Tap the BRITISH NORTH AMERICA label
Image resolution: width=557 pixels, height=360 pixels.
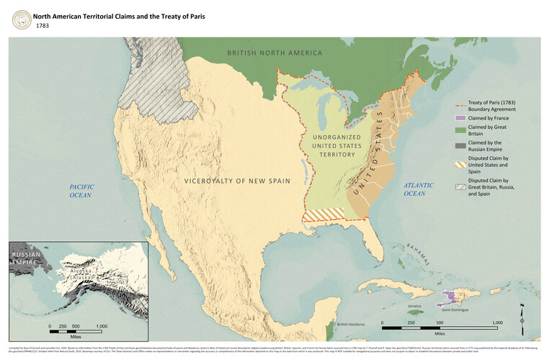click(275, 53)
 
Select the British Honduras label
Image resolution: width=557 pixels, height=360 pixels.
click(352, 325)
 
